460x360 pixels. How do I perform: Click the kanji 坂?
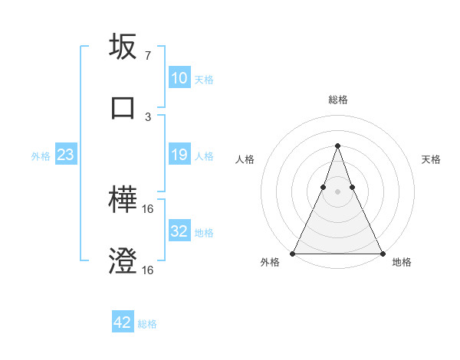pos(123,47)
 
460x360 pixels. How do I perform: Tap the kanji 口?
pos(123,107)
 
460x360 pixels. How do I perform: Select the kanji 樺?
pos(123,201)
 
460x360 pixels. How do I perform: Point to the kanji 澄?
pos(123,261)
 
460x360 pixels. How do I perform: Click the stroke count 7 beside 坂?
pos(147,56)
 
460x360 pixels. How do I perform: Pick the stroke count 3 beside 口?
pos(147,116)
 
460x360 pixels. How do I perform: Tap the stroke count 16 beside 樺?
pos(148,209)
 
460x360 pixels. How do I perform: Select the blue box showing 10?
pos(179,78)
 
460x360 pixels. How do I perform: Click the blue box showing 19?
pos(179,155)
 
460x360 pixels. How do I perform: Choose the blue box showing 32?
pos(179,231)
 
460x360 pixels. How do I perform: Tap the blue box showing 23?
pos(65,155)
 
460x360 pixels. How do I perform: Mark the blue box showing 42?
pos(123,322)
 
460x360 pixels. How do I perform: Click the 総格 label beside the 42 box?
pos(147,324)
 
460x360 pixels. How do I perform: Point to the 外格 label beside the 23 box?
pos(41,156)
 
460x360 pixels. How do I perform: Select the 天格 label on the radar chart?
pos(431,159)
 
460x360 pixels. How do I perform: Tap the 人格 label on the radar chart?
pos(245,159)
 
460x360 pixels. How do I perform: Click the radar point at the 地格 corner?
pos(382,253)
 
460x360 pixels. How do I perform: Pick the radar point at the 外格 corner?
pos(293,253)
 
